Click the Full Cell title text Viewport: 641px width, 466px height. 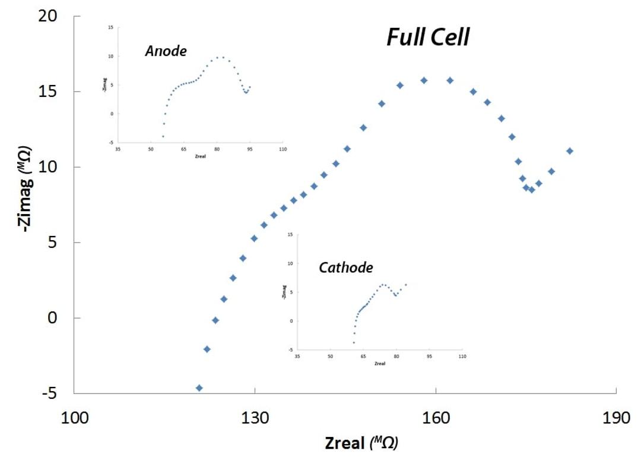click(428, 37)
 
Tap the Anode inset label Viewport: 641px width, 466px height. click(166, 51)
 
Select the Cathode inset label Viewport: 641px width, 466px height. click(346, 267)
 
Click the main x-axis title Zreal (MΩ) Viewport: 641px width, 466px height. click(361, 443)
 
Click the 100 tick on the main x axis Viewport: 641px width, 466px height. click(74, 418)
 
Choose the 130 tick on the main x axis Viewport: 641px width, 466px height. click(255, 418)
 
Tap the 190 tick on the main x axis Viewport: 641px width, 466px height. click(617, 418)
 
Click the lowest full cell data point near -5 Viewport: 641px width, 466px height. click(199, 388)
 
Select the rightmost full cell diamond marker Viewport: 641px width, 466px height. click(570, 151)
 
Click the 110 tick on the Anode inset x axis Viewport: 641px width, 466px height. click(282, 149)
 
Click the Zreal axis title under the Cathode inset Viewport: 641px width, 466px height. click(380, 364)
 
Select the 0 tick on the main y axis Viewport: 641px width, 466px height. click(53, 318)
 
